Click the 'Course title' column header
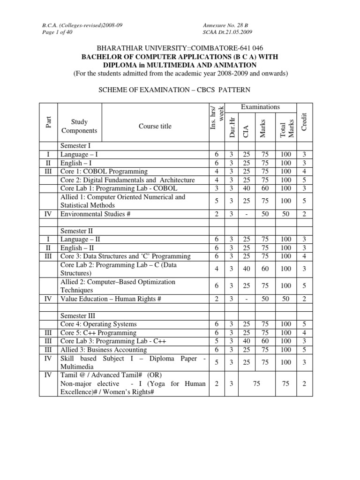coord(155,126)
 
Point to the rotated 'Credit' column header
coord(304,121)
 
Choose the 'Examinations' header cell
coord(260,107)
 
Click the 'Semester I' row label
coord(77,146)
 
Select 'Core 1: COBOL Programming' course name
coord(104,171)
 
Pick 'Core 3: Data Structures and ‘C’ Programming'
coord(125,256)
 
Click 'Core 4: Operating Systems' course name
coord(98,324)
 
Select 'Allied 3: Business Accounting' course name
coord(104,349)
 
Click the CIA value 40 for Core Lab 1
coord(246,188)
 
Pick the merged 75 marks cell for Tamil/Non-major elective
coord(256,383)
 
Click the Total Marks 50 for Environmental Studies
coord(286,214)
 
